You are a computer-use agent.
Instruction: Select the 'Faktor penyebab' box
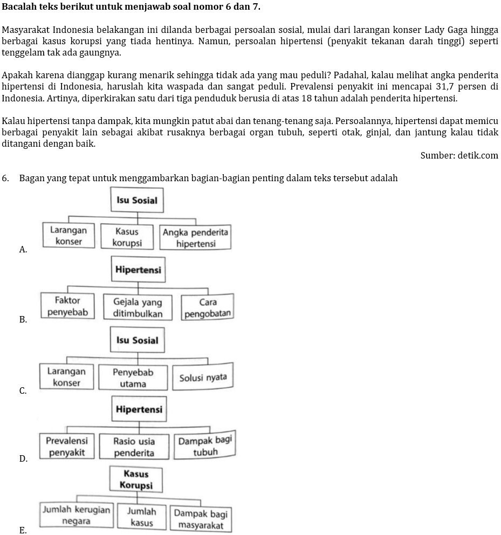[x=67, y=306]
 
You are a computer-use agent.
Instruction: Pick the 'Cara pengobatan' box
[x=208, y=308]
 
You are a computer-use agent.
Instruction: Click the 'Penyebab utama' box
[x=133, y=378]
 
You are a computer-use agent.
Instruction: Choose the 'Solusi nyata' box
[x=203, y=378]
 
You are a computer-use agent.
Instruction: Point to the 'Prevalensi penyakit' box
[x=67, y=447]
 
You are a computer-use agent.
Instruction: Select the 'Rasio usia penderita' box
[x=134, y=447]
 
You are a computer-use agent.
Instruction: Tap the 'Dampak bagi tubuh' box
[x=205, y=445]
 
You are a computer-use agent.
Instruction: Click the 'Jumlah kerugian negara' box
[x=76, y=516]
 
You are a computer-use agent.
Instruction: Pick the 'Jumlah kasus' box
[x=141, y=517]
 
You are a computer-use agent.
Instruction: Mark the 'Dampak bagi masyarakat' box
[x=200, y=519]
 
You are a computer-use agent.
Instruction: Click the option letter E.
[x=23, y=530]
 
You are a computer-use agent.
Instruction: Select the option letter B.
[x=23, y=319]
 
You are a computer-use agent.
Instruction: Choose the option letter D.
[x=23, y=458]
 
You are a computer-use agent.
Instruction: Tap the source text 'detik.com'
[x=478, y=156]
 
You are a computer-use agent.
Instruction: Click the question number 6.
[x=5, y=178]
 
